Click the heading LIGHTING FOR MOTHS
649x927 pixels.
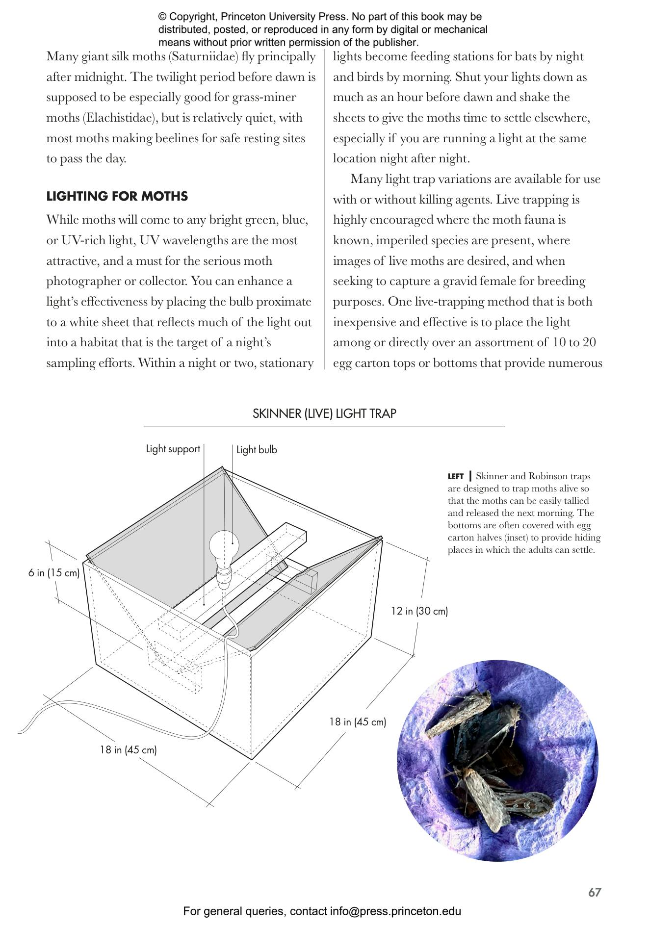(x=117, y=196)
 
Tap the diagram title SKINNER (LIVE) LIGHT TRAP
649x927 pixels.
(x=324, y=413)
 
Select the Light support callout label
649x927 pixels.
(x=173, y=449)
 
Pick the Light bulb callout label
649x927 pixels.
(x=257, y=450)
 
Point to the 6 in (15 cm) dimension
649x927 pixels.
(x=54, y=572)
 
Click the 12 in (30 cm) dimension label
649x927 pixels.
(x=419, y=611)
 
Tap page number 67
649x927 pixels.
(x=595, y=892)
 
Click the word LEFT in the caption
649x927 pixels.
(x=455, y=477)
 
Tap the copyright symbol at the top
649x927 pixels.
(x=162, y=17)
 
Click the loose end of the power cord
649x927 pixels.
(x=21, y=731)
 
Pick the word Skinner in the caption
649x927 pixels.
(x=492, y=476)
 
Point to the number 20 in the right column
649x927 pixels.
(x=589, y=342)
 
